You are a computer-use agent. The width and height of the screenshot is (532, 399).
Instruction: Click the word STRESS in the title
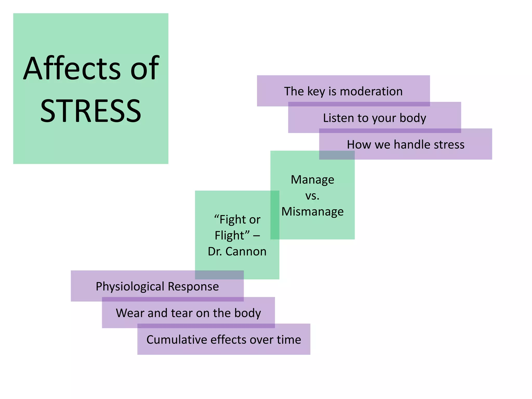tap(91, 111)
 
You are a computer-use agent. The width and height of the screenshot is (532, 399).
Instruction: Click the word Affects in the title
tap(72, 69)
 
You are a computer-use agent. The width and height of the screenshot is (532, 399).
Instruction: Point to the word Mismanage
tap(312, 211)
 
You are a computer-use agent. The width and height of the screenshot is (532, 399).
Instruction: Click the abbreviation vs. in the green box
tap(312, 196)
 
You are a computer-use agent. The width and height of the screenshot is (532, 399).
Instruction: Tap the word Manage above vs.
tap(312, 179)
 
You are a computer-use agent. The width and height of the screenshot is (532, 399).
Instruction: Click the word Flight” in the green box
tap(232, 235)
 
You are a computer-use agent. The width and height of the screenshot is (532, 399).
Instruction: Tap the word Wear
tap(130, 313)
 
